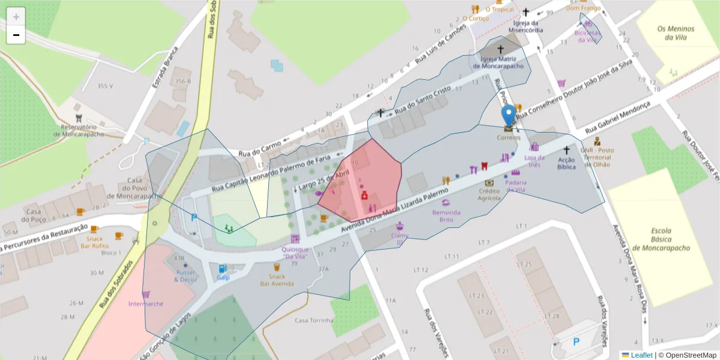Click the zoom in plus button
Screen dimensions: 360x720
(x=16, y=17)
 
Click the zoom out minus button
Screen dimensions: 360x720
(x=16, y=35)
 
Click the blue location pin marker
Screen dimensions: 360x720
(x=509, y=116)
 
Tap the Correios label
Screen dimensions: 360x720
(x=508, y=137)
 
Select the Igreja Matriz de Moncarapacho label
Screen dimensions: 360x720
(x=502, y=62)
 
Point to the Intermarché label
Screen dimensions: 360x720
(x=146, y=304)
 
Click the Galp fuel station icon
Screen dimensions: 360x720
(x=223, y=268)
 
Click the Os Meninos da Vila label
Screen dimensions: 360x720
(x=675, y=33)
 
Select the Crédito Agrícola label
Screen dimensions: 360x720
(x=489, y=194)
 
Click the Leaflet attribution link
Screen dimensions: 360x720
(x=640, y=355)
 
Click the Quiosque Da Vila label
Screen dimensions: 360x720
(x=295, y=253)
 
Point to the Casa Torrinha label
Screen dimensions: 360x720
(x=314, y=320)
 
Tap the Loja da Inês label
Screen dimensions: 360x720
(x=533, y=161)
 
